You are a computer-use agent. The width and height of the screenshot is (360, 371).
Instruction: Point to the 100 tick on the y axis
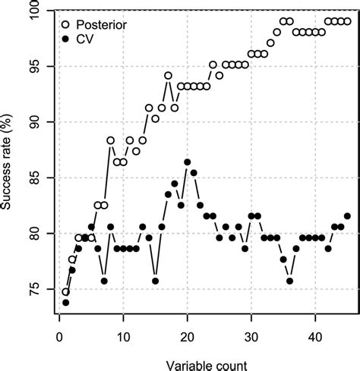tap(43, 11)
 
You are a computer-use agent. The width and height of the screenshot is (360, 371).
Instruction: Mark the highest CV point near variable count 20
tap(187, 162)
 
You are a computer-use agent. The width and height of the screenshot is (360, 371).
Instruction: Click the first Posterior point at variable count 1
tap(66, 291)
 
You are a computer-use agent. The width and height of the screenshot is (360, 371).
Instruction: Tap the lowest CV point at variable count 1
tap(66, 303)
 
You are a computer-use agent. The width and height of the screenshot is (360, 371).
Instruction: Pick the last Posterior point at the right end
tap(347, 21)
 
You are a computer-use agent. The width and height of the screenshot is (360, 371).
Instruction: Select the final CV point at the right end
tap(347, 216)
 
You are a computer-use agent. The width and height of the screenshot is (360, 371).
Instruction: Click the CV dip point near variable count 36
tap(289, 281)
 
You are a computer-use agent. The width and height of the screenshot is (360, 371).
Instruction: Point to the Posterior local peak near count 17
tap(168, 76)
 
